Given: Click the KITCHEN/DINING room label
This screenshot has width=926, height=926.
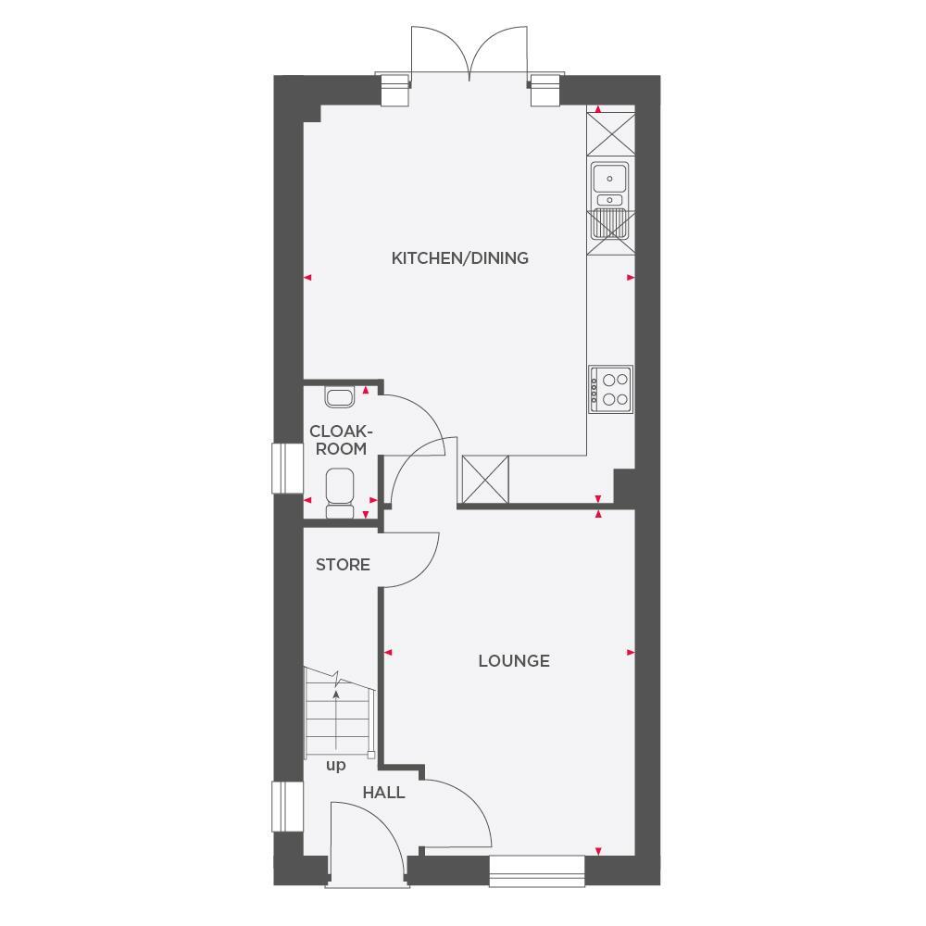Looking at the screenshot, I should click(459, 258).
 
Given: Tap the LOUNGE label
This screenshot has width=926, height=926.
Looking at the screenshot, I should click(514, 661).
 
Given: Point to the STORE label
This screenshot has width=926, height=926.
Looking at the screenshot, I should click(343, 565).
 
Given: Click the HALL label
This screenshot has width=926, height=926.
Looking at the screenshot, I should click(383, 793).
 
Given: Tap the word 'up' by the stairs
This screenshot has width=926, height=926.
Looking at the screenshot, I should click(335, 766).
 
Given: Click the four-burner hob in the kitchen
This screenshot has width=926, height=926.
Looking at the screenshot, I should click(611, 389).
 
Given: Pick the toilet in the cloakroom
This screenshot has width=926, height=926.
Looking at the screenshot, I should click(339, 491).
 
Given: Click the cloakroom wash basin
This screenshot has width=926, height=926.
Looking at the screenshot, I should click(339, 397).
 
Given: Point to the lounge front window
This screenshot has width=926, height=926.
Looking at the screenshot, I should click(537, 870).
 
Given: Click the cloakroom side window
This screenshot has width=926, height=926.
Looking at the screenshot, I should click(286, 469).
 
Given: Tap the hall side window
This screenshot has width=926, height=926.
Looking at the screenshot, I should click(286, 807).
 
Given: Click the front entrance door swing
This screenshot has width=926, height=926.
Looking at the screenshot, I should click(366, 838).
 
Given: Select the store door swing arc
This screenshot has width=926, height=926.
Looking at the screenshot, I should click(412, 560).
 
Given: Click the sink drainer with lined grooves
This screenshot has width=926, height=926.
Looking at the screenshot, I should click(609, 224).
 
